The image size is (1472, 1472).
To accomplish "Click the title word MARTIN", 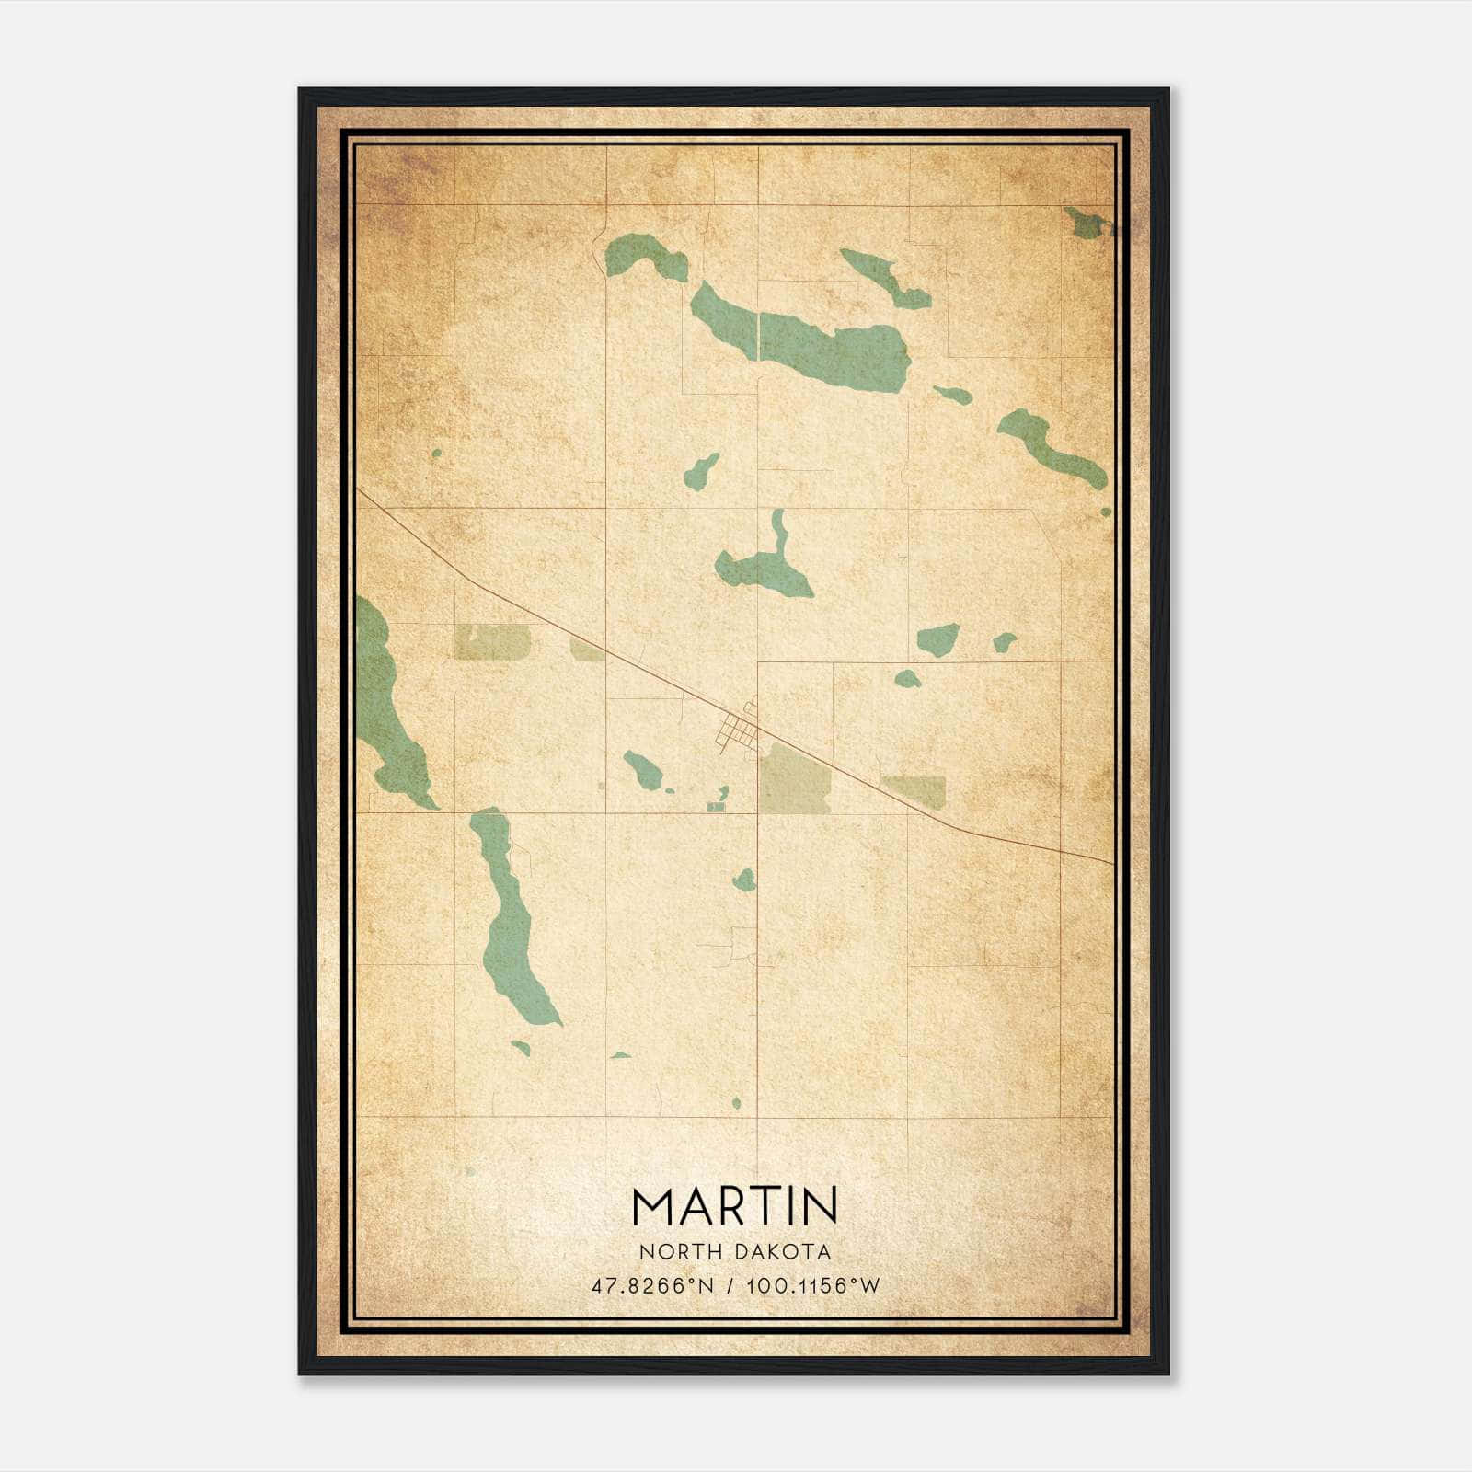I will [x=735, y=1206].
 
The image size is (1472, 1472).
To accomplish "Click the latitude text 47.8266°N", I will [x=652, y=1285].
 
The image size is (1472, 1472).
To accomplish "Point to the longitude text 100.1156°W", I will [x=812, y=1285].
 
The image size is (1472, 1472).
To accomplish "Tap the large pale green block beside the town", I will [x=794, y=780].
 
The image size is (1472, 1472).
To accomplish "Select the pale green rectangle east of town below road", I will [x=914, y=790].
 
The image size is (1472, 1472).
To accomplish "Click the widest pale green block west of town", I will [x=492, y=642].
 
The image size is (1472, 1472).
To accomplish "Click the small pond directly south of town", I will [x=744, y=880].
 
